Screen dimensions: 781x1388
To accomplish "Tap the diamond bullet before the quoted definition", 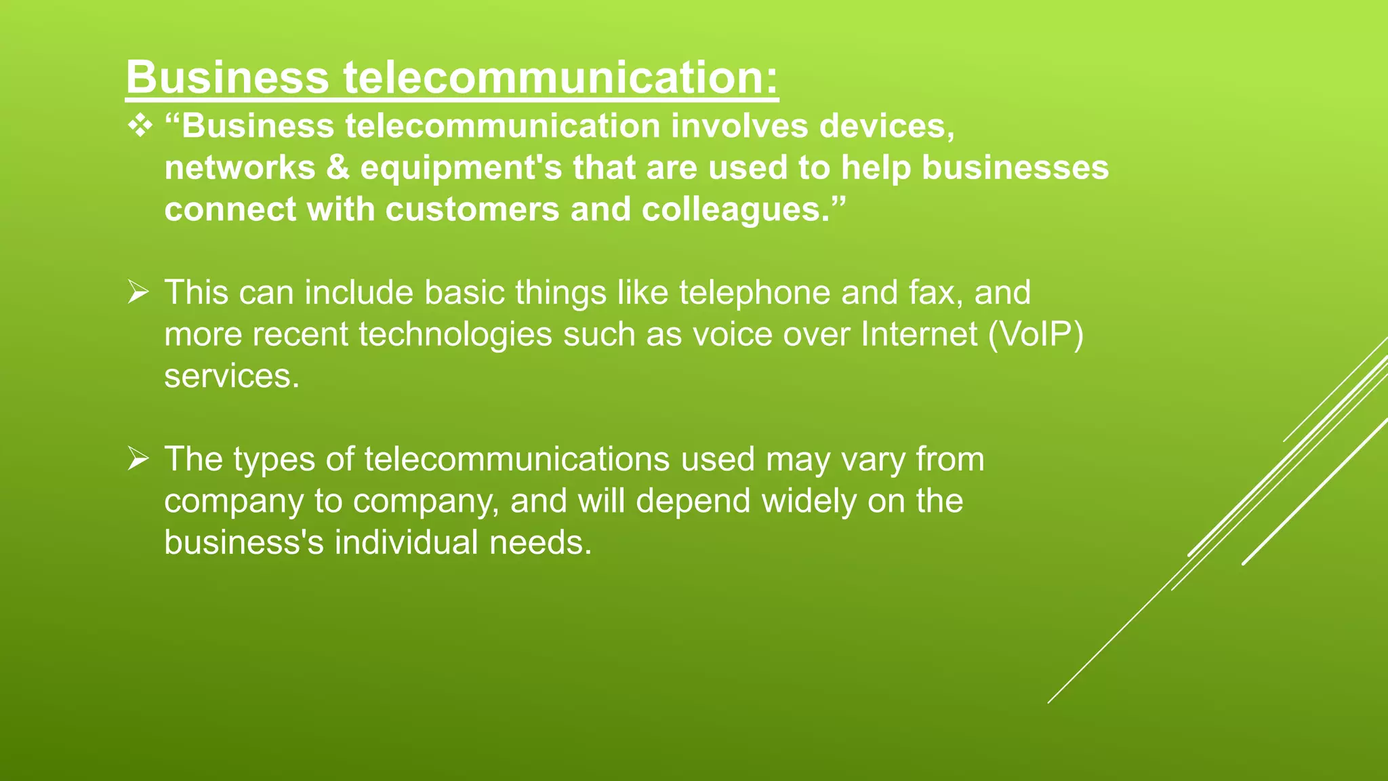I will pyautogui.click(x=140, y=127).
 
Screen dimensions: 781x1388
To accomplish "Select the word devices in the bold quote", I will pyautogui.click(x=886, y=127).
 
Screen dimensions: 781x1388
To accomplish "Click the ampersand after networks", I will pyautogui.click(x=338, y=168).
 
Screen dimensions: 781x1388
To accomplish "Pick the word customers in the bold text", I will pyautogui.click(x=472, y=209).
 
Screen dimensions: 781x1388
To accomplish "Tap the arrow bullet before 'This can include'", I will pyautogui.click(x=138, y=294).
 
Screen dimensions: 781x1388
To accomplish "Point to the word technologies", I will pyautogui.click(x=455, y=335).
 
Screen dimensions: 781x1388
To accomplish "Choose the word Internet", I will pyautogui.click(x=919, y=335).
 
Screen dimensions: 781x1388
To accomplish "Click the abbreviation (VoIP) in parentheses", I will pyautogui.click(x=1036, y=335).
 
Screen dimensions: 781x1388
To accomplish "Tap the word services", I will pyautogui.click(x=231, y=377).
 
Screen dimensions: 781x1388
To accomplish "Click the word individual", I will pyautogui.click(x=407, y=543).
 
